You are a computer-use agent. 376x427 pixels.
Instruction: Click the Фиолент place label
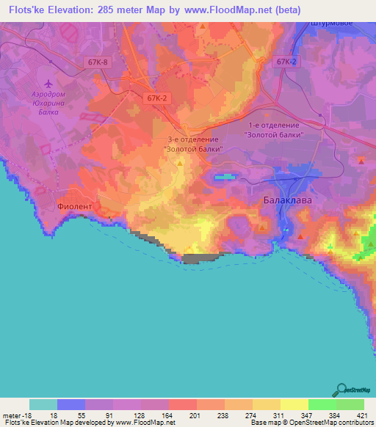click(x=75, y=207)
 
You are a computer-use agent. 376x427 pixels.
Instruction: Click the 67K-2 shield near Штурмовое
click(x=287, y=63)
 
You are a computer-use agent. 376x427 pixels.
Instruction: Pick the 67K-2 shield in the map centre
click(x=157, y=98)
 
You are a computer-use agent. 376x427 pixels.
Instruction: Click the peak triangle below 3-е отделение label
click(x=181, y=162)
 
